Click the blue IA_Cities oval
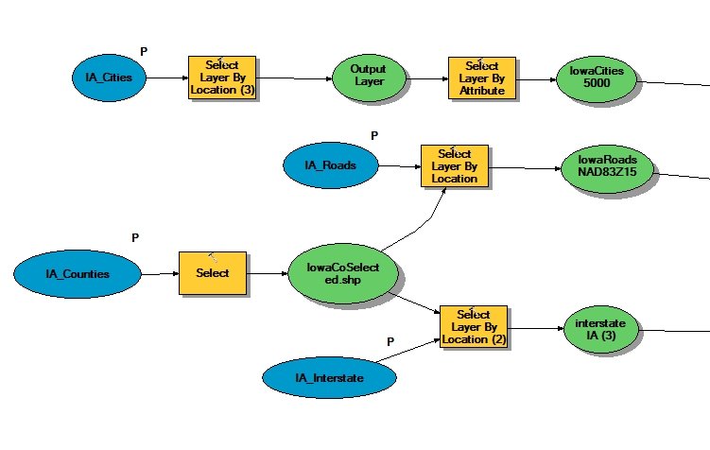pyautogui.click(x=109, y=78)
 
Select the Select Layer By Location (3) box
pyautogui.click(x=222, y=78)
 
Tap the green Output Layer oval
pyautogui.click(x=369, y=78)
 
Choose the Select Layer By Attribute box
pyautogui.click(x=482, y=78)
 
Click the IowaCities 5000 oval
pyautogui.click(x=597, y=78)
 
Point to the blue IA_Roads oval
pyautogui.click(x=331, y=165)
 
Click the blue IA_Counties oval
pyautogui.click(x=78, y=274)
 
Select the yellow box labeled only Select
pyautogui.click(x=213, y=273)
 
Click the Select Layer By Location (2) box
pyautogui.click(x=474, y=327)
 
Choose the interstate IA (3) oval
pyautogui.click(x=601, y=329)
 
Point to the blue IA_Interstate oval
pyautogui.click(x=329, y=377)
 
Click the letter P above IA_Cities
pyautogui.click(x=144, y=52)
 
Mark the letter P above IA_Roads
pyautogui.click(x=374, y=135)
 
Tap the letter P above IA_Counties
pyautogui.click(x=135, y=237)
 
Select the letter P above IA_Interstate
pyautogui.click(x=390, y=342)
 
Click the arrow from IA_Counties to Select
pyautogui.click(x=161, y=273)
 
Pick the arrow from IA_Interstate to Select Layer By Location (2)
pyautogui.click(x=408, y=351)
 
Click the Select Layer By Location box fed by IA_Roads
pyautogui.click(x=455, y=165)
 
